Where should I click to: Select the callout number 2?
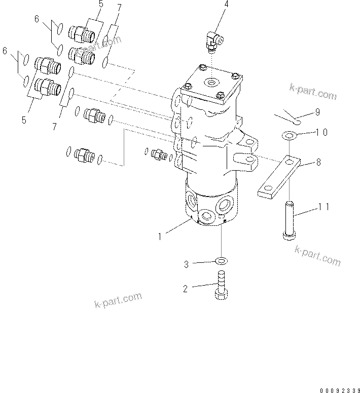coord(186,289)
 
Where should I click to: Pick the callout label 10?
coord(322,132)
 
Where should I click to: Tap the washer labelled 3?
coord(221,261)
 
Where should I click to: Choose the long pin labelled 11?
coord(289,220)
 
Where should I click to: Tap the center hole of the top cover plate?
coord(210,82)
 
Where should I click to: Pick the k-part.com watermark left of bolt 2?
coord(118,301)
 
